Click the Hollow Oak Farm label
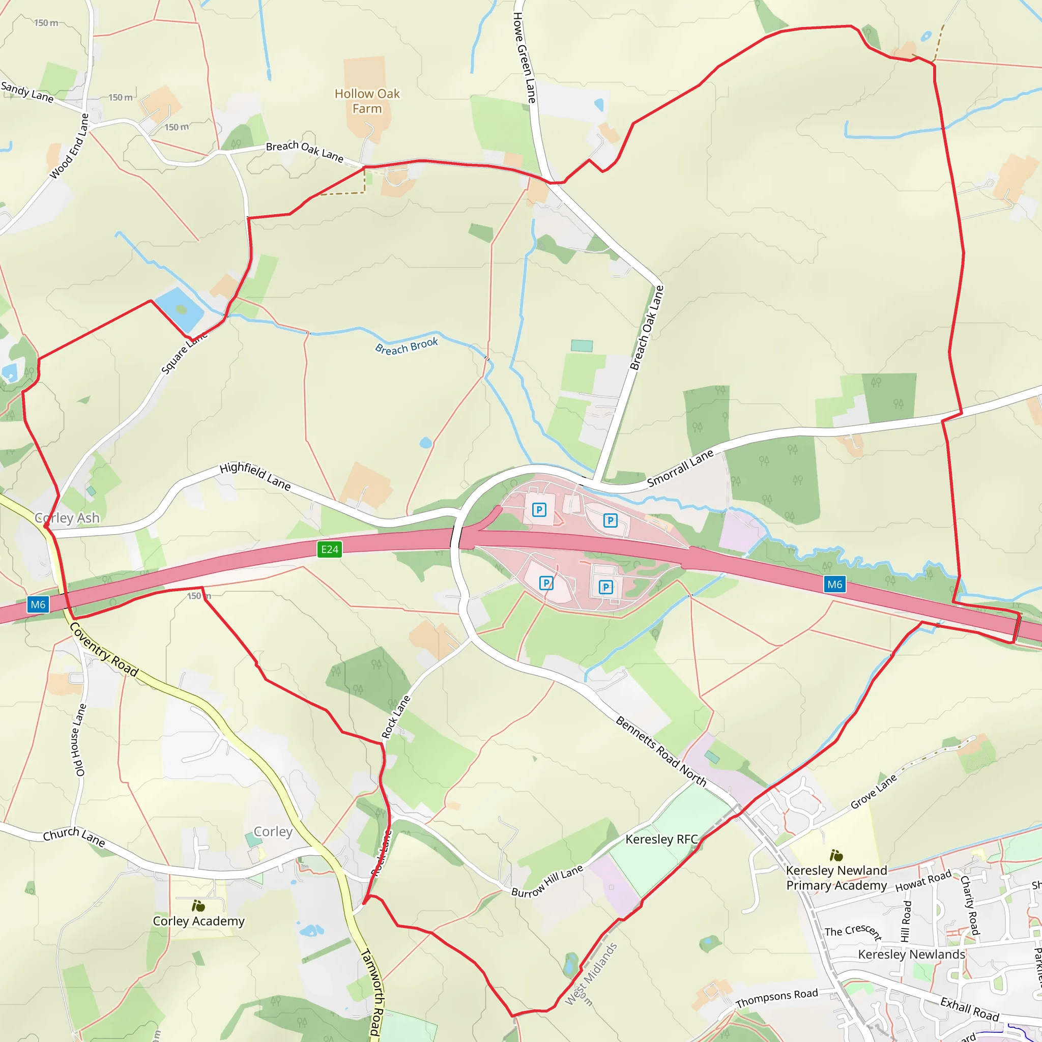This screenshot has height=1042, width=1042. pos(367,101)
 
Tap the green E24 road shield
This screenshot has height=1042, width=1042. pos(330,549)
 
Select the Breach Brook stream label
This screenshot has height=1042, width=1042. pos(407,346)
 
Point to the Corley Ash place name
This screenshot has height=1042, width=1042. pos(68,518)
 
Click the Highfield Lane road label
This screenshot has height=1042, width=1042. pos(255,476)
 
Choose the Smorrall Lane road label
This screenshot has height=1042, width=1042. pos(680,468)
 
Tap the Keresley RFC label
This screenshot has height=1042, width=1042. pos(661,839)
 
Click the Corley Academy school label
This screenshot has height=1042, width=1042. pos(198,921)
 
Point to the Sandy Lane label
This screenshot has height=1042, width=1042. pos(27,92)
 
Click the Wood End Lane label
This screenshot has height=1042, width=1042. pos(69,146)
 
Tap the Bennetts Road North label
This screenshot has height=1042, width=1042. pos(661,751)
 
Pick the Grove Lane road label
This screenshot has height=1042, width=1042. pos(873,791)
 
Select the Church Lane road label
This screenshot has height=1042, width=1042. pos(74,836)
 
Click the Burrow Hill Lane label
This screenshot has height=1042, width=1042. pos(547,881)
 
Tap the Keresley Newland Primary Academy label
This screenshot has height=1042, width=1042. pos(836,878)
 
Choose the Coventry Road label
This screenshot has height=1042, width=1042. pos(104,650)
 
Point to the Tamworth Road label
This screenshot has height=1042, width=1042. pos(371,992)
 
